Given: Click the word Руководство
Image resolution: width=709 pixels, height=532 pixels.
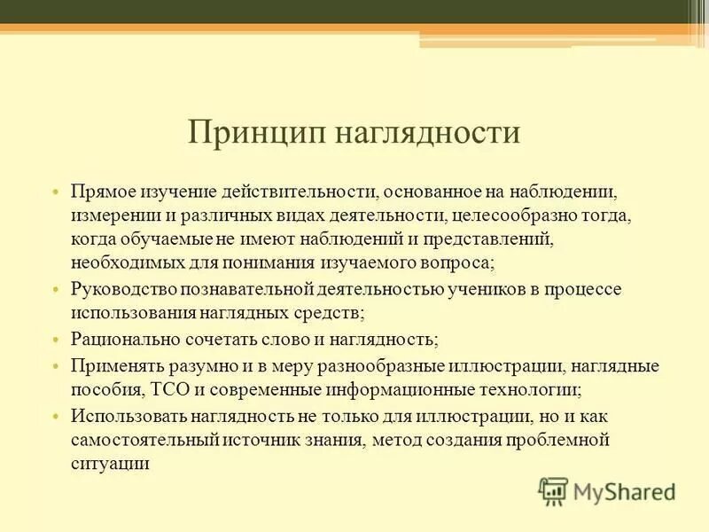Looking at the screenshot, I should click(x=123, y=290).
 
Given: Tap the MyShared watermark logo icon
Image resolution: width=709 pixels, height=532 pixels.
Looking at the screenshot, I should click(x=553, y=491).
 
